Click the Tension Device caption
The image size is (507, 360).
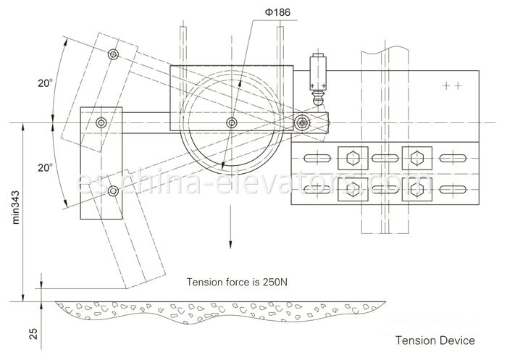[435, 340]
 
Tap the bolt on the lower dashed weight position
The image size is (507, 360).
[113, 191]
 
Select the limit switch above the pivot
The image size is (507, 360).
[317, 75]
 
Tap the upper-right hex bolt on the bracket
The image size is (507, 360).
[415, 158]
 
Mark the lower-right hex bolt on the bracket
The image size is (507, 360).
[415, 189]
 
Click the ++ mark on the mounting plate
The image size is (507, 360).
[453, 85]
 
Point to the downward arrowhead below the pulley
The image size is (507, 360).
[231, 246]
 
